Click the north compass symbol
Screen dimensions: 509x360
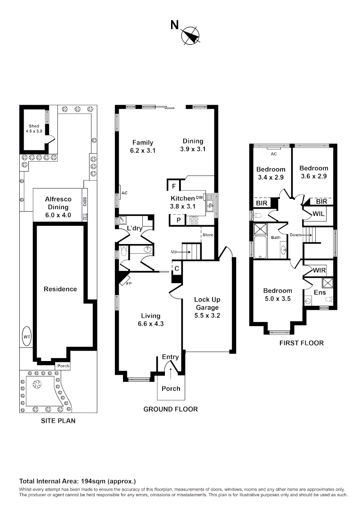point(191,36)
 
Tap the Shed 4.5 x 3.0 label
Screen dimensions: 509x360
point(34,129)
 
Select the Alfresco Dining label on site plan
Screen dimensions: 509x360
point(57,203)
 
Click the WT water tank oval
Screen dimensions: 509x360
point(27,337)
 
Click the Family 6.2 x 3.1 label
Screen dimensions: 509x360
point(143,146)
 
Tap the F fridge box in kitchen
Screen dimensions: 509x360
point(173,186)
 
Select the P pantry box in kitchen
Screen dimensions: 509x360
point(179,220)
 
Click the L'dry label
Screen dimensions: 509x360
point(135,229)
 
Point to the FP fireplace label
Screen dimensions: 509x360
point(128,284)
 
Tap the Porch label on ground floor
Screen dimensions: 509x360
point(171,388)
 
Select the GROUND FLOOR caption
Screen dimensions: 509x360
point(171,409)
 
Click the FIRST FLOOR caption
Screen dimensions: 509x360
point(302,343)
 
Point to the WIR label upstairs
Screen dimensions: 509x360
point(319,271)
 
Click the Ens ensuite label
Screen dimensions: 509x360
point(319,292)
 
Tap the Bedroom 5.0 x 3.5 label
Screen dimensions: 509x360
point(278,295)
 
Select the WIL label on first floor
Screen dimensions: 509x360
point(319,214)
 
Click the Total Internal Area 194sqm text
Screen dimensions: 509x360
point(77,481)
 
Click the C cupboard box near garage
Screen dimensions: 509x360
point(177,268)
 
